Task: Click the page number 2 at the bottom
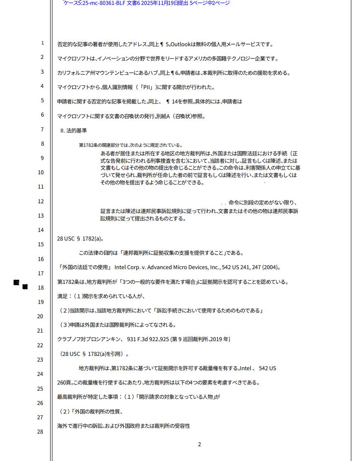pos(199,445)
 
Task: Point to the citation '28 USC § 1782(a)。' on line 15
pos(80,238)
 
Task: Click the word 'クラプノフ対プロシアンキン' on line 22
pos(90,340)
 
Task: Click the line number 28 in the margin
pos(40,432)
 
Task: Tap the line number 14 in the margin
pos(40,230)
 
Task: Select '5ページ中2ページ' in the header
pos(210,3)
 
